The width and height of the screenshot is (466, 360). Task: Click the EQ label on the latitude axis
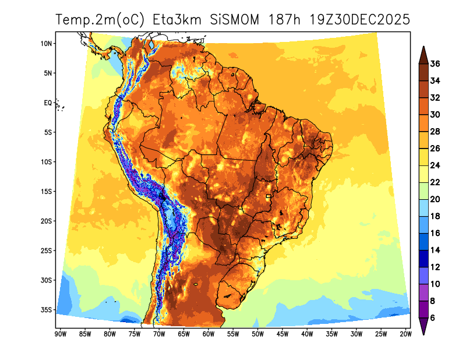(48, 103)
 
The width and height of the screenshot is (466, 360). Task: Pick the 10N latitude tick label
(47, 44)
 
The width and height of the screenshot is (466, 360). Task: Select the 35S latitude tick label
(47, 310)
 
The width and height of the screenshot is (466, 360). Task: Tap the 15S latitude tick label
(47, 192)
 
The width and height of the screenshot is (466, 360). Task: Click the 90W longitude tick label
(59, 334)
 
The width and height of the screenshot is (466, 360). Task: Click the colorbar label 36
(435, 64)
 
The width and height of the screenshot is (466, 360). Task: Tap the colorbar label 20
(435, 199)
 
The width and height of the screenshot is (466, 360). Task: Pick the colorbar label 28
(435, 132)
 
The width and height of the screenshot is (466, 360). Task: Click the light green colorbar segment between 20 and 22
(423, 191)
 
